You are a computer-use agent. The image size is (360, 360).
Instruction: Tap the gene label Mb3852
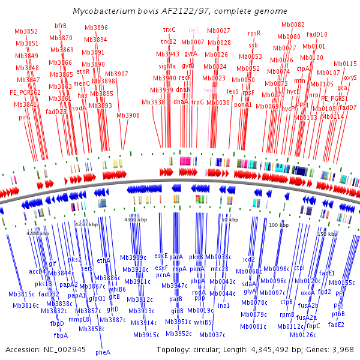[x=26, y=32]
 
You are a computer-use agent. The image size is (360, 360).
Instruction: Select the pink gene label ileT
[x=194, y=29]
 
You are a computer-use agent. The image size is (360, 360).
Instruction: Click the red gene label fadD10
[x=317, y=34]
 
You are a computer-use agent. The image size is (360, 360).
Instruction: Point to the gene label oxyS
[x=350, y=78]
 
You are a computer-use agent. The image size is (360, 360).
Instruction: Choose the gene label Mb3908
[x=128, y=115]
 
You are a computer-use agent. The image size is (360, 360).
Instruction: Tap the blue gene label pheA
[x=103, y=353]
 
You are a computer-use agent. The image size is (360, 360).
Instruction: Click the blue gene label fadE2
[x=336, y=325]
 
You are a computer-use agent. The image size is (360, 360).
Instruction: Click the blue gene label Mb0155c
[x=342, y=283]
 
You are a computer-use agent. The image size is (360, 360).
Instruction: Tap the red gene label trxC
[x=170, y=29]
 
